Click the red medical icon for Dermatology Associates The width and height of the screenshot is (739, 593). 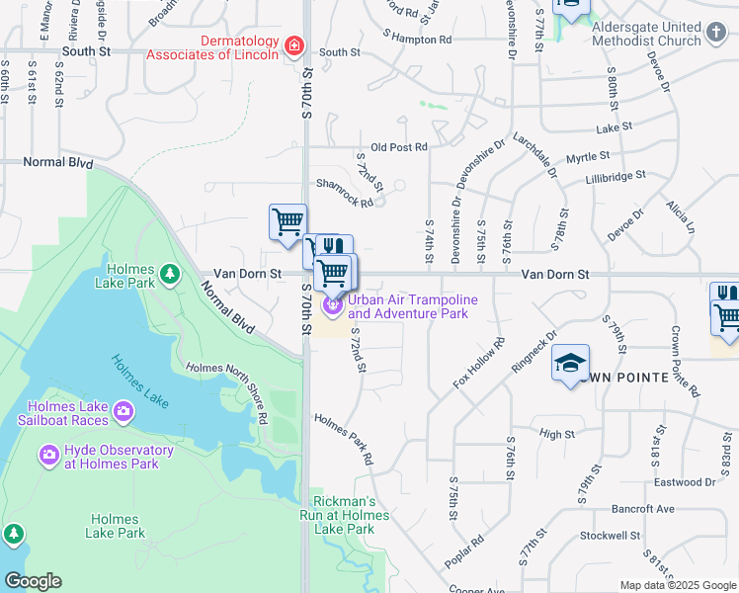(x=293, y=45)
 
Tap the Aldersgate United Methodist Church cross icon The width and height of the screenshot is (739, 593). (x=716, y=35)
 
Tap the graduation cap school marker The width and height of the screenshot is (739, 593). (x=570, y=365)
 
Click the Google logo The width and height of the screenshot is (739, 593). (x=33, y=581)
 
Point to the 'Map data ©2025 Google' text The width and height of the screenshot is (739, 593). (x=677, y=585)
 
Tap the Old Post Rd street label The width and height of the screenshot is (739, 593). (x=398, y=147)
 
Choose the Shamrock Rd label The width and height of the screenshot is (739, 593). (x=344, y=193)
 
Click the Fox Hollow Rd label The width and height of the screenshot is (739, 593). (x=479, y=363)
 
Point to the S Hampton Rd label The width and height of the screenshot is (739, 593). (x=417, y=40)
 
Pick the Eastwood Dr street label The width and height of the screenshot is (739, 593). (x=684, y=482)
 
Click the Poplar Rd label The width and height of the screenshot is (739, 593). (x=463, y=551)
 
